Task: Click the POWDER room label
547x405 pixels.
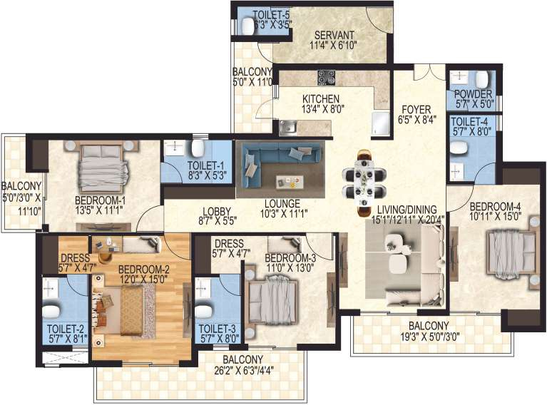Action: point(470,93)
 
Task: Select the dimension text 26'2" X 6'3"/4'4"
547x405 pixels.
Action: point(242,369)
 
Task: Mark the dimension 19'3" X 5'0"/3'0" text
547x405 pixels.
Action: point(434,335)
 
